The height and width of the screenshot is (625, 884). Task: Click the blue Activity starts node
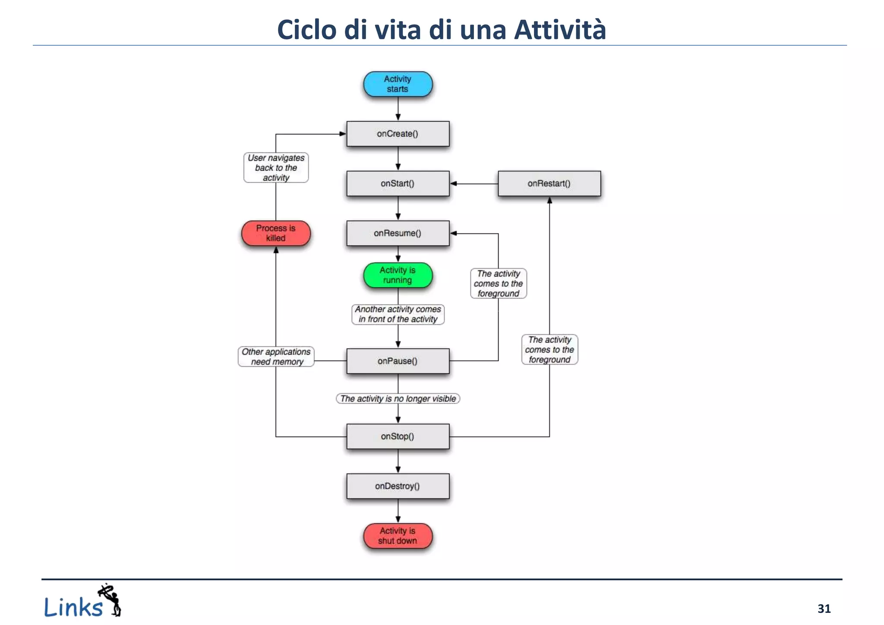coord(398,84)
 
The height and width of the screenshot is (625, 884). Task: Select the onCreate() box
coord(398,134)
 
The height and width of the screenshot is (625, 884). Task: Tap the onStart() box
coord(398,183)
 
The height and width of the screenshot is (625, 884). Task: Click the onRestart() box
coord(549,183)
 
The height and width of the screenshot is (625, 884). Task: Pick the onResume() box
coord(398,233)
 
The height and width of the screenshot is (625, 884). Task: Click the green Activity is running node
coord(398,275)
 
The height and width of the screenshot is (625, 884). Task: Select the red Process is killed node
coord(276,233)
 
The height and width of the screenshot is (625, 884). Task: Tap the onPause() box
coord(398,361)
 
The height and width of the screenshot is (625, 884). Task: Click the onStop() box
coord(398,436)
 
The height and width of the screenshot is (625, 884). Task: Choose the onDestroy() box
coord(398,486)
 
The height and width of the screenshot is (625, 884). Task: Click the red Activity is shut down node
coord(398,536)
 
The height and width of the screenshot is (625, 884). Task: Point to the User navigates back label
coord(276,168)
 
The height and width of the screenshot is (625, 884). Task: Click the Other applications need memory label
coord(276,357)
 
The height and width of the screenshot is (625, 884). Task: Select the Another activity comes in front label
coord(398,314)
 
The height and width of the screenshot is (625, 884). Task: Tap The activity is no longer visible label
coord(398,398)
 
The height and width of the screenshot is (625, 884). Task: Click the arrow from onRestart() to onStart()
coord(474,183)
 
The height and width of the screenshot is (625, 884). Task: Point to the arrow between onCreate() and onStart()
coord(398,158)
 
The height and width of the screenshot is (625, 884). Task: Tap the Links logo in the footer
coord(82,602)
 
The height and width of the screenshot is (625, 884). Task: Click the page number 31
coord(824,609)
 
